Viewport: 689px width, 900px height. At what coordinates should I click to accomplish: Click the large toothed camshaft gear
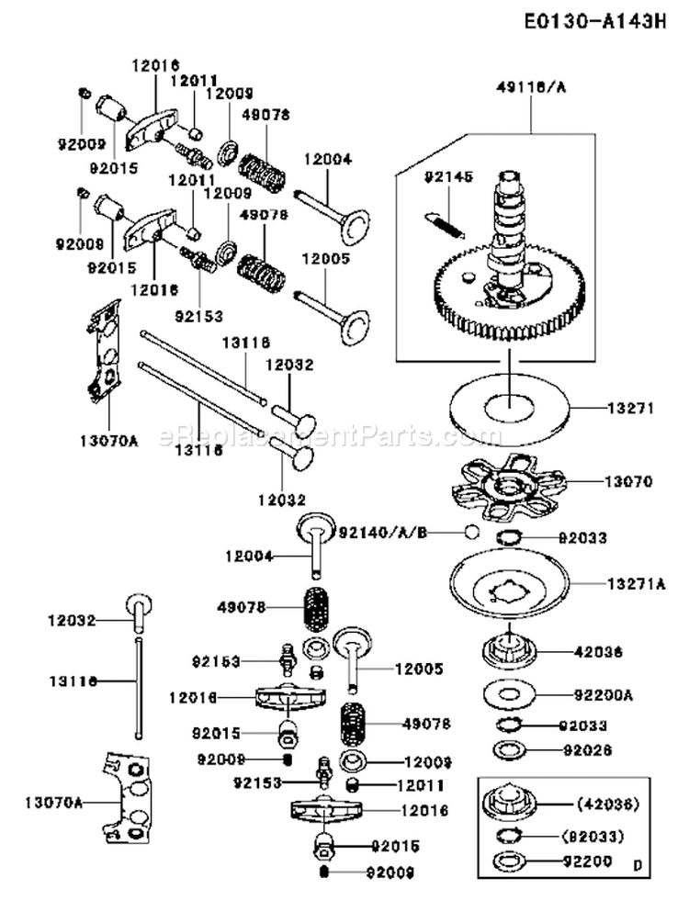tap(508, 294)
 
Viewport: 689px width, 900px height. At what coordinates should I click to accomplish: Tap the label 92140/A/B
tap(378, 531)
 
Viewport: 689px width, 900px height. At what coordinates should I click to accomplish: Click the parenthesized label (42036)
tap(607, 805)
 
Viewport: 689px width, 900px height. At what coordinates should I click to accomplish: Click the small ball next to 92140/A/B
tap(470, 532)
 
